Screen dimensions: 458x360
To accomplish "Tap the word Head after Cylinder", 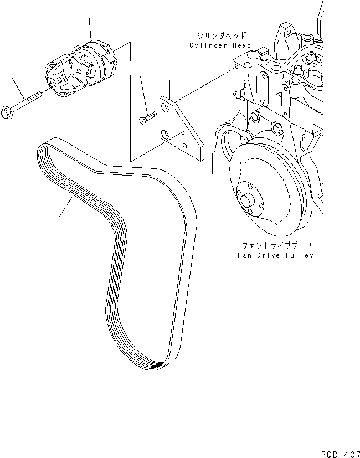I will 242,45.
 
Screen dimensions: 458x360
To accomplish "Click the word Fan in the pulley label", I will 244,255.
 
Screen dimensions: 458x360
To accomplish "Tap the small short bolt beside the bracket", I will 145,117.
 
